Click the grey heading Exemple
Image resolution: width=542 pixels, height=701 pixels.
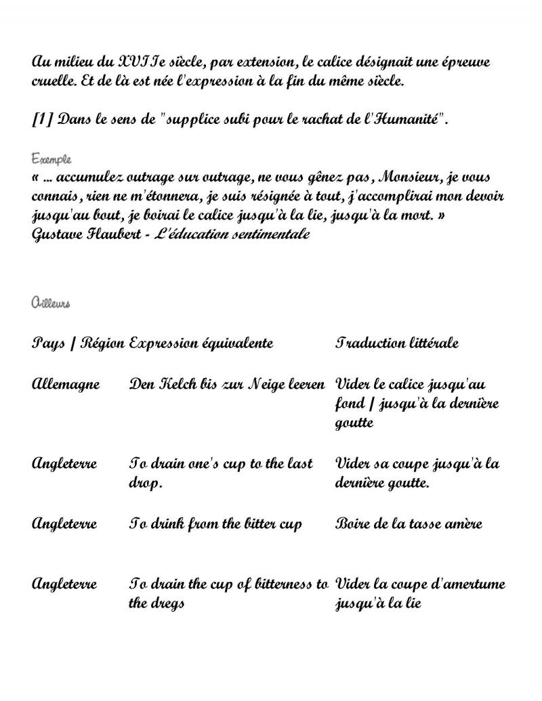point(51,159)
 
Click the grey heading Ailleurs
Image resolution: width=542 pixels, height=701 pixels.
point(51,303)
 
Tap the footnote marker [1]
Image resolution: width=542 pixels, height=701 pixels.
point(42,120)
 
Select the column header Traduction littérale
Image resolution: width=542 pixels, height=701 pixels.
point(396,343)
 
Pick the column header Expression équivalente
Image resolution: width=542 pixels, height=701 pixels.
point(201,343)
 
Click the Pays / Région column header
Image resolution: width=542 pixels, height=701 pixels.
point(78,343)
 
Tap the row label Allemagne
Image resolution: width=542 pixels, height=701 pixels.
point(66,385)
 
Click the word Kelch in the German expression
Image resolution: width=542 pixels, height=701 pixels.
point(178,385)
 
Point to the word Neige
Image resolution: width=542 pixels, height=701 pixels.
point(266,385)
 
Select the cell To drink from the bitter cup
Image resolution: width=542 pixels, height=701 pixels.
point(215,524)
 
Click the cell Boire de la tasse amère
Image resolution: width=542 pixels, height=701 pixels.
point(409,524)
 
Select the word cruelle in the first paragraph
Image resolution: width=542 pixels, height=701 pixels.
point(53,81)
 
